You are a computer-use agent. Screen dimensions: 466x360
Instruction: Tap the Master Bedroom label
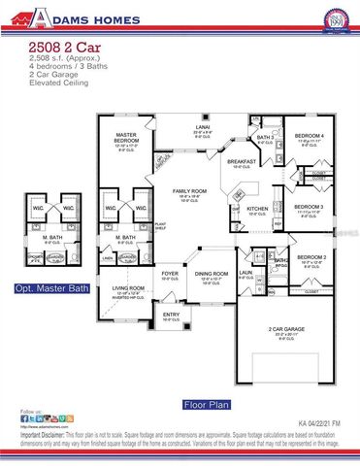click(x=125, y=137)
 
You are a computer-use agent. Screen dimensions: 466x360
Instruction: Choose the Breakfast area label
click(x=244, y=162)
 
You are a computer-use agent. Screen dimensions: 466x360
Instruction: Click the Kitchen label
click(x=256, y=208)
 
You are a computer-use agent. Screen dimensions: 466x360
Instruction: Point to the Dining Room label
click(x=213, y=274)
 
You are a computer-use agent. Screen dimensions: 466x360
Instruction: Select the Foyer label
click(x=170, y=274)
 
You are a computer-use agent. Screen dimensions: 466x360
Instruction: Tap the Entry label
click(x=171, y=315)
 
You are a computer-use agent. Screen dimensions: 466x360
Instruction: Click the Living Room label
click(x=129, y=287)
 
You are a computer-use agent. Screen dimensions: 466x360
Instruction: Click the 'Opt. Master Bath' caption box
click(x=50, y=289)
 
